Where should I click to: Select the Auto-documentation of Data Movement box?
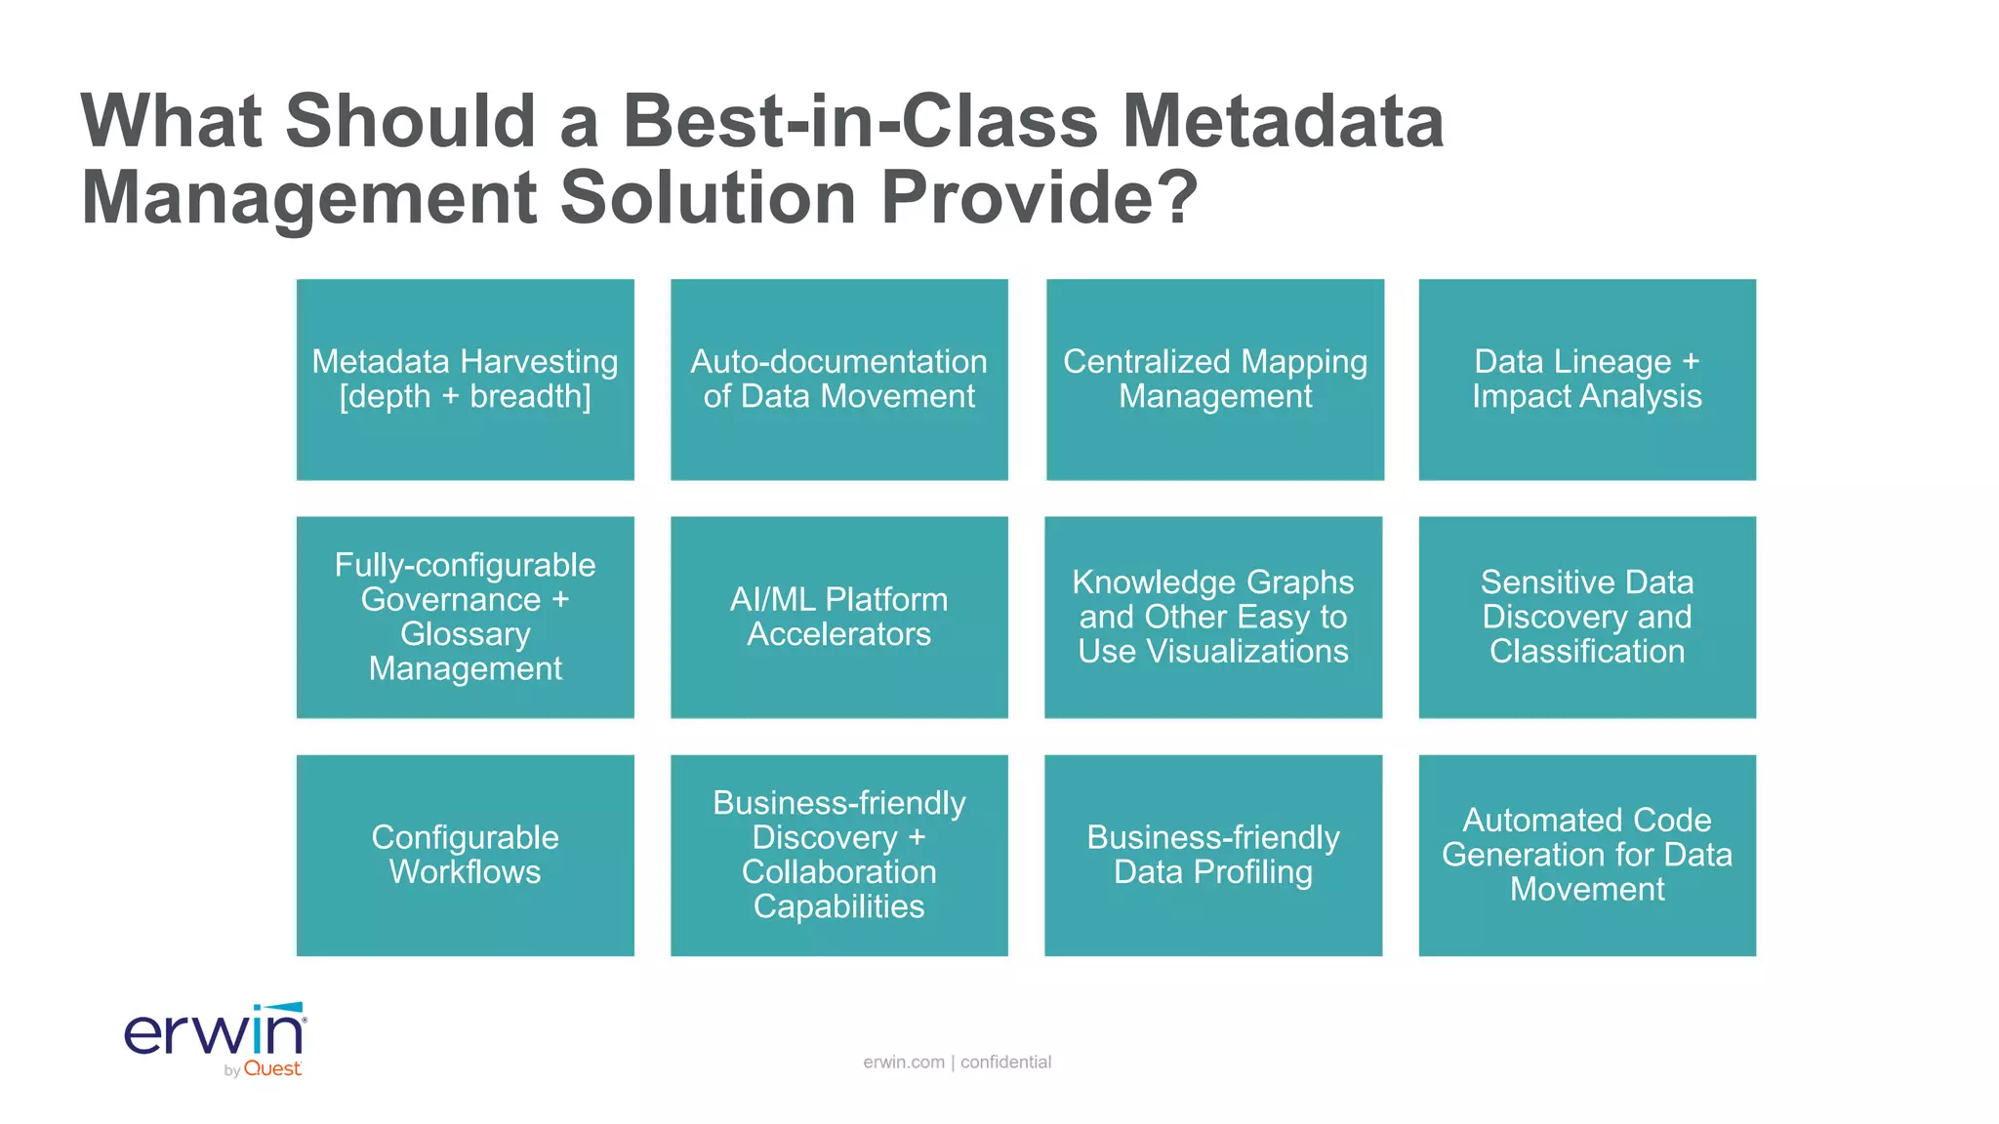tap(838, 380)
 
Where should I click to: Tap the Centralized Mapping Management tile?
tap(1214, 380)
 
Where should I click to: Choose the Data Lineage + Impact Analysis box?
tap(1586, 380)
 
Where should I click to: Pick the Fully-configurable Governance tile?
tap(465, 617)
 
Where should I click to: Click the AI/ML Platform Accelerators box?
tap(838, 617)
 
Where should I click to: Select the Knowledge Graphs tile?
tap(1212, 617)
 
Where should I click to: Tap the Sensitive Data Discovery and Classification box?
tap(1586, 617)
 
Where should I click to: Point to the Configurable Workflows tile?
tap(465, 855)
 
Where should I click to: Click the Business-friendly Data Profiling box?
tap(1212, 855)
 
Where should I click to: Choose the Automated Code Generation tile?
tap(1586, 855)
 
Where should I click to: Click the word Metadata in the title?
tap(1283, 122)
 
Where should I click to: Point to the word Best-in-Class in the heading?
tap(860, 122)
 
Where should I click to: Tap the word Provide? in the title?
tap(1040, 198)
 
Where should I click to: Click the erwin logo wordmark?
tap(215, 1033)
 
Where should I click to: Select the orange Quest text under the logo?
tap(272, 1069)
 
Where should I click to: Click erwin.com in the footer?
tap(904, 1062)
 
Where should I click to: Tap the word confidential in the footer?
tap(1005, 1062)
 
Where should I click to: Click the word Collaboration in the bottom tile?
tap(838, 871)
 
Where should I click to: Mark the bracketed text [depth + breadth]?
tap(465, 397)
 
